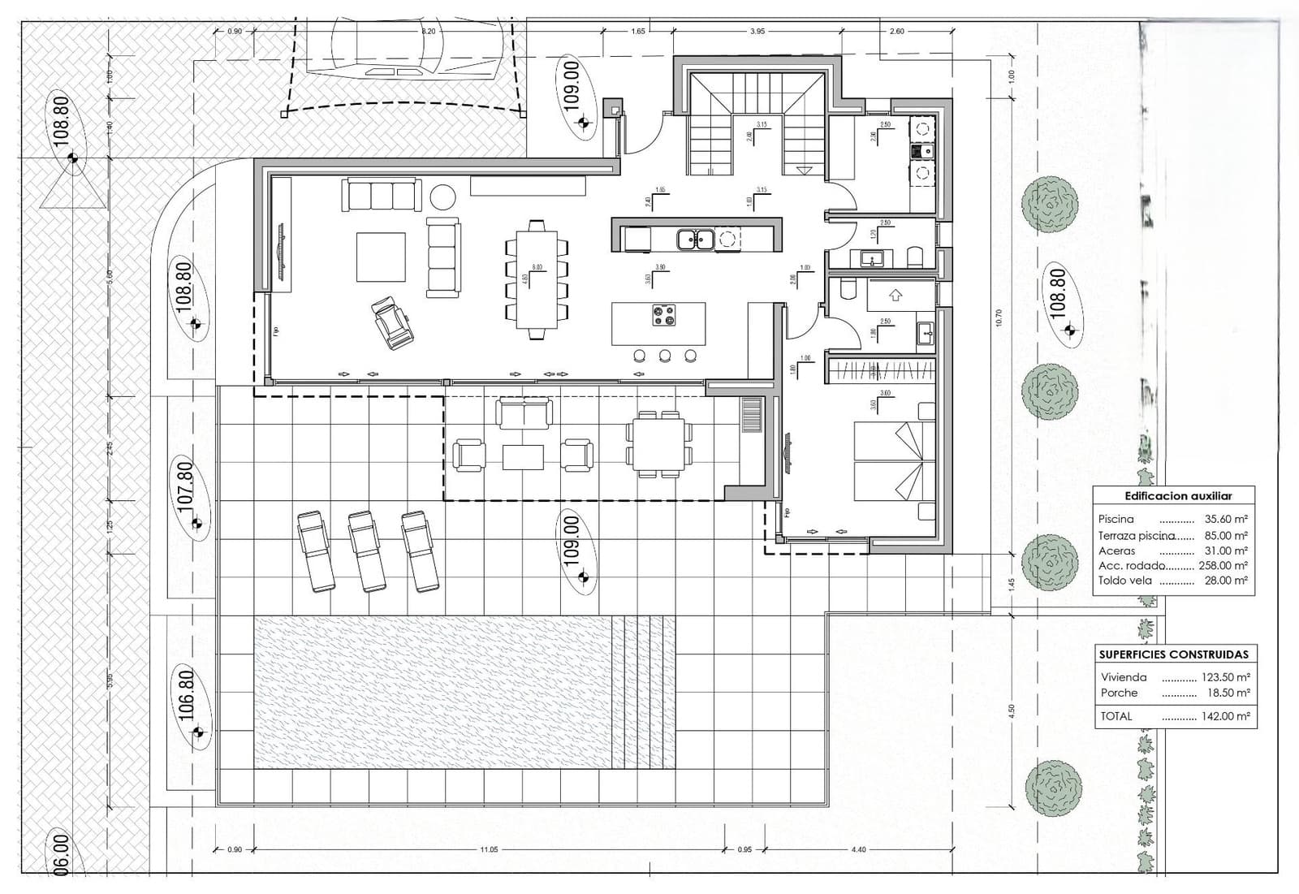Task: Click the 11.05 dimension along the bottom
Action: click(488, 849)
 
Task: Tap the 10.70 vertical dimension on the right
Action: click(999, 317)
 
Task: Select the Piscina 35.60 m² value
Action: click(1226, 519)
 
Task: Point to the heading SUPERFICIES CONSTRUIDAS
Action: click(1173, 654)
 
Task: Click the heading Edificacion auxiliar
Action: click(1178, 496)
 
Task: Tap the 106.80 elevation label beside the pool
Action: click(186, 696)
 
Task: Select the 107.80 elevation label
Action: click(185, 485)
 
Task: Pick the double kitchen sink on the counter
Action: click(696, 239)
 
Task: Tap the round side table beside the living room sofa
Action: click(443, 197)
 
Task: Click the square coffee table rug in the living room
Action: click(382, 257)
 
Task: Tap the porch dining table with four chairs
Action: click(659, 443)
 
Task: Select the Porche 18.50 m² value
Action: click(1227, 693)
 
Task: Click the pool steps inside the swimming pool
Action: click(643, 692)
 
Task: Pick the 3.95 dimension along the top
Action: click(757, 31)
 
